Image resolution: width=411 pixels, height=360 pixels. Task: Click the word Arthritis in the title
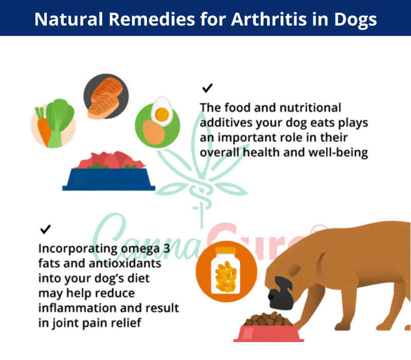(269, 20)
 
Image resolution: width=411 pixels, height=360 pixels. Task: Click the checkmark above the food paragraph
(208, 88)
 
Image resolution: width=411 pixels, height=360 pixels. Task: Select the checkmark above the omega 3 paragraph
(45, 229)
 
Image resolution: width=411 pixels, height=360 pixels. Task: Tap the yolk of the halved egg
(162, 114)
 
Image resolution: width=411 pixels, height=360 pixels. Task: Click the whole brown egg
(154, 132)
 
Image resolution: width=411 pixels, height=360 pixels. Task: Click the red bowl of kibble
(269, 328)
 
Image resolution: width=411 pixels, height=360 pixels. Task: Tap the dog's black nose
(272, 297)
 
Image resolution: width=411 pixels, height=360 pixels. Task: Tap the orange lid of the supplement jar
(226, 250)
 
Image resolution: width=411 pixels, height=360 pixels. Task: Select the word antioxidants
(125, 263)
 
